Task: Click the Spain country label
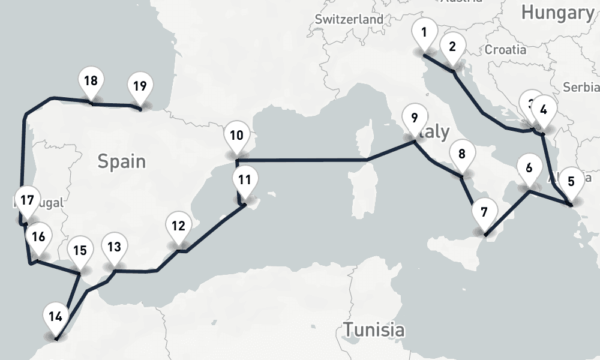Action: (x=122, y=161)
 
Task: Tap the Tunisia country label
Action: (x=373, y=329)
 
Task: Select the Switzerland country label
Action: (x=349, y=19)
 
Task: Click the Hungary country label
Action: (x=557, y=12)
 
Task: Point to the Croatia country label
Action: (x=505, y=49)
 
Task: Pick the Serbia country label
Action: (x=581, y=87)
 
